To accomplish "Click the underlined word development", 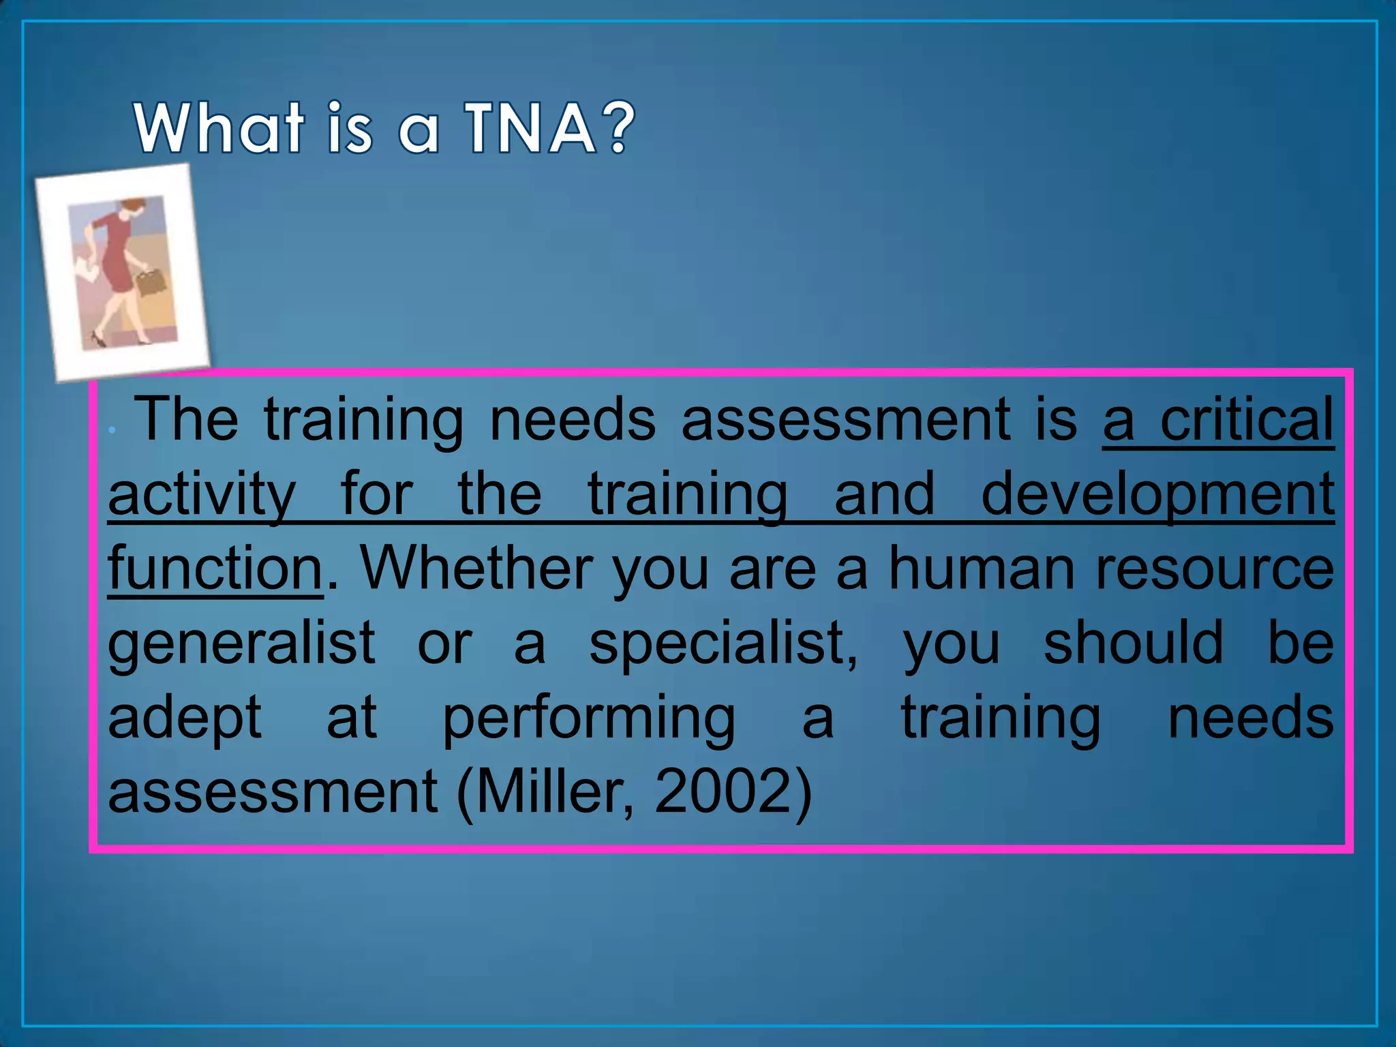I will [1157, 494].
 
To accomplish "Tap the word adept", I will [185, 718].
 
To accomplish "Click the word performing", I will [589, 718].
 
